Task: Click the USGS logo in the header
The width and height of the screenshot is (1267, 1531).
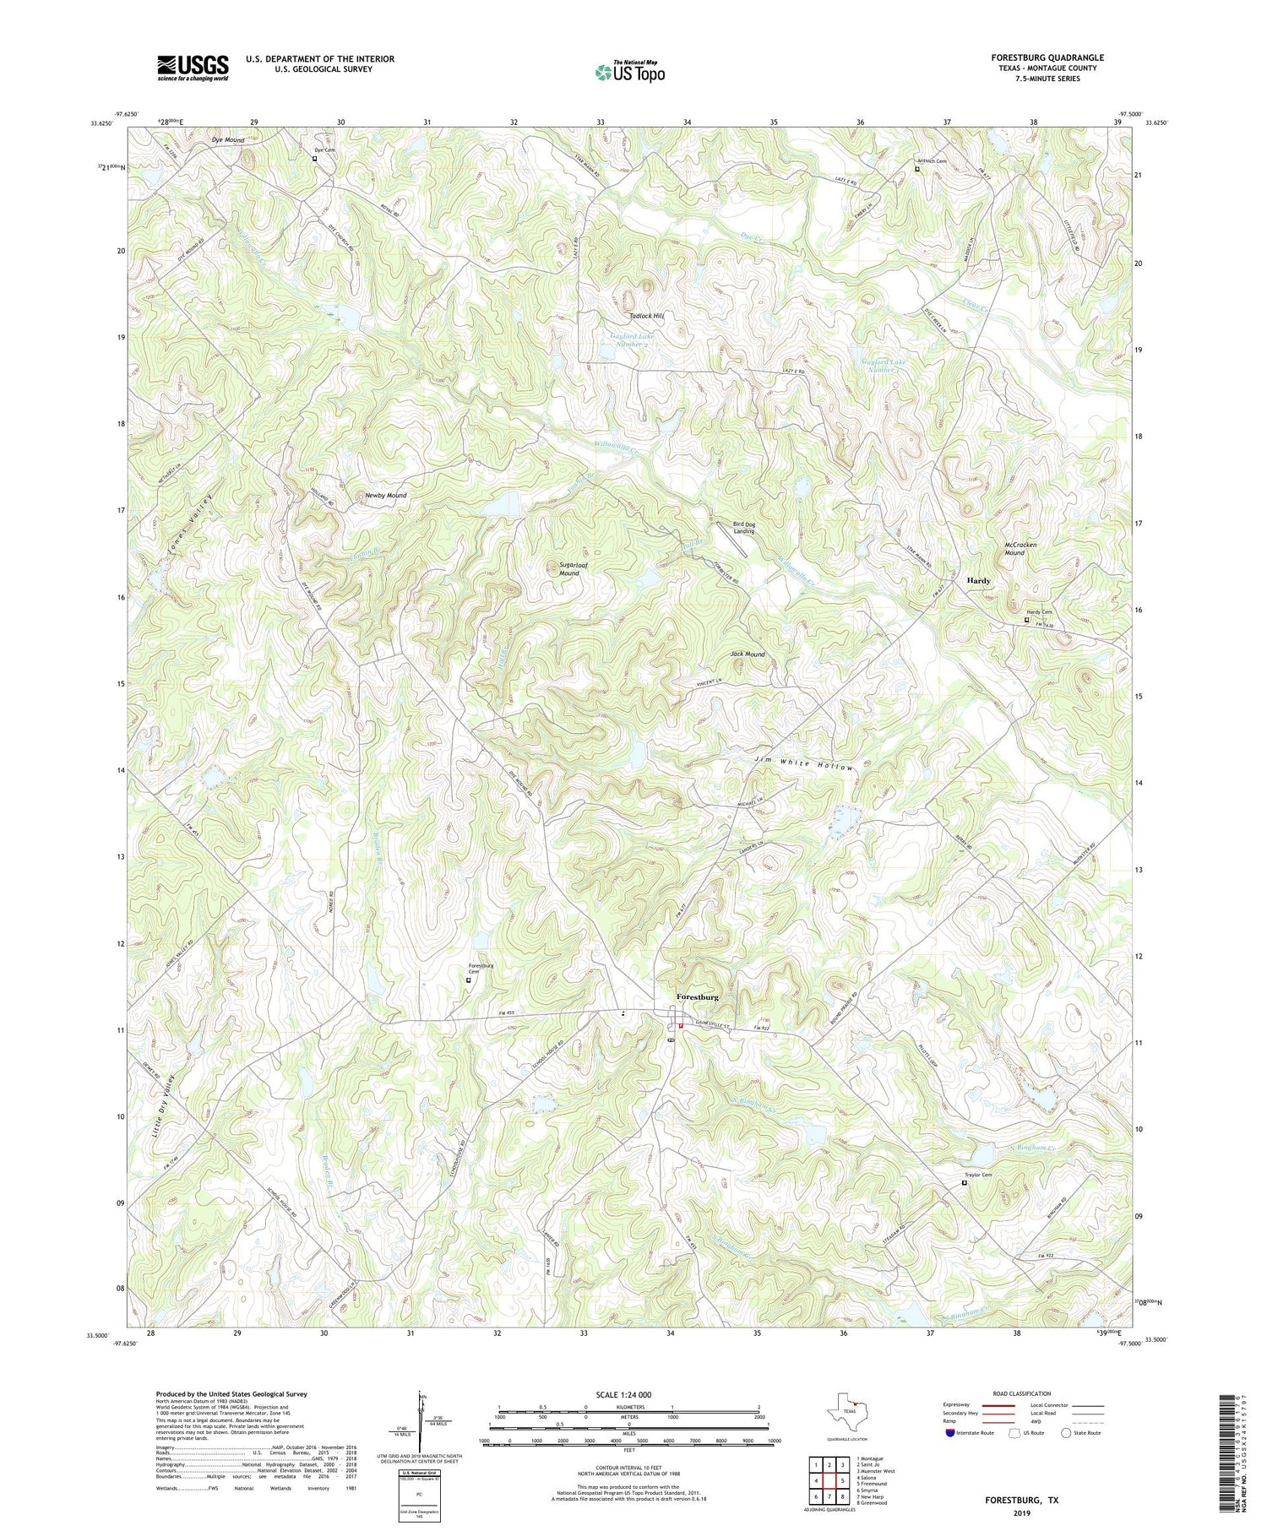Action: pos(193,68)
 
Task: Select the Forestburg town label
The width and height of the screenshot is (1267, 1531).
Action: pos(698,997)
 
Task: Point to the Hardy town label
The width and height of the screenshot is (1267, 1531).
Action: pos(978,581)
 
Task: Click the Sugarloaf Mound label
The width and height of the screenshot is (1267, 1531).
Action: pos(569,569)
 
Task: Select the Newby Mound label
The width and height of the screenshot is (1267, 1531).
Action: pos(385,496)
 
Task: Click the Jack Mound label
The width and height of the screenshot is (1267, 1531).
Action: pos(748,654)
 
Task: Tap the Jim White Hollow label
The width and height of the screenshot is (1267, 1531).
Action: pos(803,764)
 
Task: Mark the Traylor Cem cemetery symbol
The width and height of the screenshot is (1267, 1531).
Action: pos(965,1183)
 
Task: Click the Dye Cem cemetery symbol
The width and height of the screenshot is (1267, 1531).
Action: pos(315,158)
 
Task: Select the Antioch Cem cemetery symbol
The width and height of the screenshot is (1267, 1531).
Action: pos(917,169)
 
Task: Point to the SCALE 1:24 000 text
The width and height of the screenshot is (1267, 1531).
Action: pos(627,1394)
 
